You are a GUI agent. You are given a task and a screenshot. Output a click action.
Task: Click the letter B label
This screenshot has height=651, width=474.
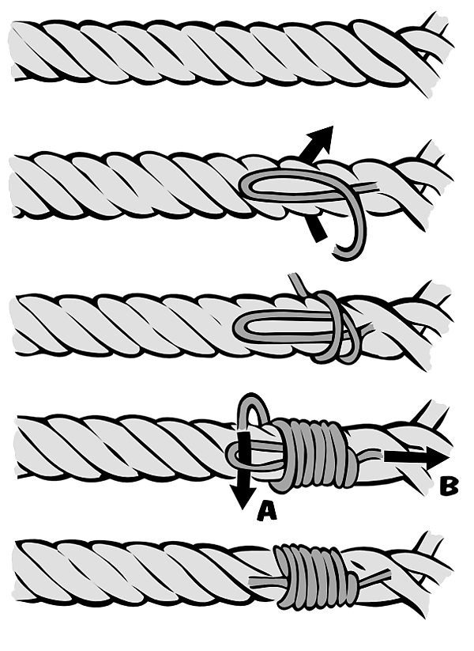[x=449, y=486]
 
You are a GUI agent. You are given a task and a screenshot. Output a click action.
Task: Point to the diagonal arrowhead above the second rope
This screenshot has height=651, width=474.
[x=322, y=136]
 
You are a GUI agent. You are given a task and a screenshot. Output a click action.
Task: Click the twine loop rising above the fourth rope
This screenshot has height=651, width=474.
[x=252, y=410]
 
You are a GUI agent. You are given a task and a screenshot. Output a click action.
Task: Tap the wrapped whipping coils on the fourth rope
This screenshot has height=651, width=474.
[x=313, y=452]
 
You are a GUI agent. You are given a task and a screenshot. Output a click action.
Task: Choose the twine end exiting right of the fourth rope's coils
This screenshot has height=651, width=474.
[x=371, y=455]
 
